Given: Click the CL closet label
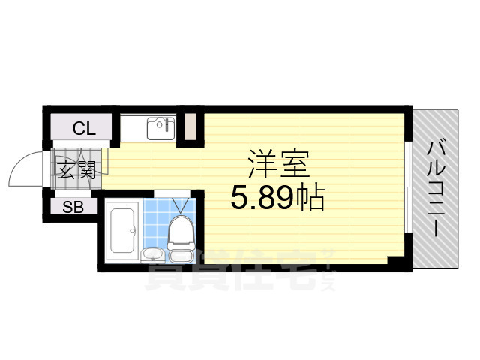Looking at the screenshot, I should pyautogui.click(x=84, y=129).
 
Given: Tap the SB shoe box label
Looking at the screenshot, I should pyautogui.click(x=73, y=208).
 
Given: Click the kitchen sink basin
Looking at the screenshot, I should pyautogui.click(x=159, y=130).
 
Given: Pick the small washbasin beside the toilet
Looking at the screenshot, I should pyautogui.click(x=152, y=253).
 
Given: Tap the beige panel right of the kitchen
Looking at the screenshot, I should pyautogui.click(x=191, y=128).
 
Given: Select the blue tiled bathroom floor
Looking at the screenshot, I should pyautogui.click(x=157, y=221).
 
